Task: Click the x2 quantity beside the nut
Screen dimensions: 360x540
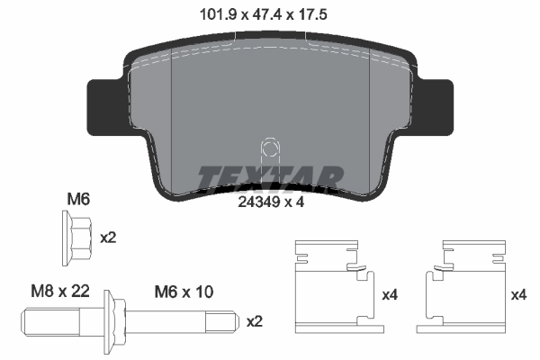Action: pyautogui.click(x=108, y=238)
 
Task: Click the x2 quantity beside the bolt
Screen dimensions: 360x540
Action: pyautogui.click(x=255, y=321)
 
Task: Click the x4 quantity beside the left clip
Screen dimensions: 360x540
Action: pyautogui.click(x=389, y=295)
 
